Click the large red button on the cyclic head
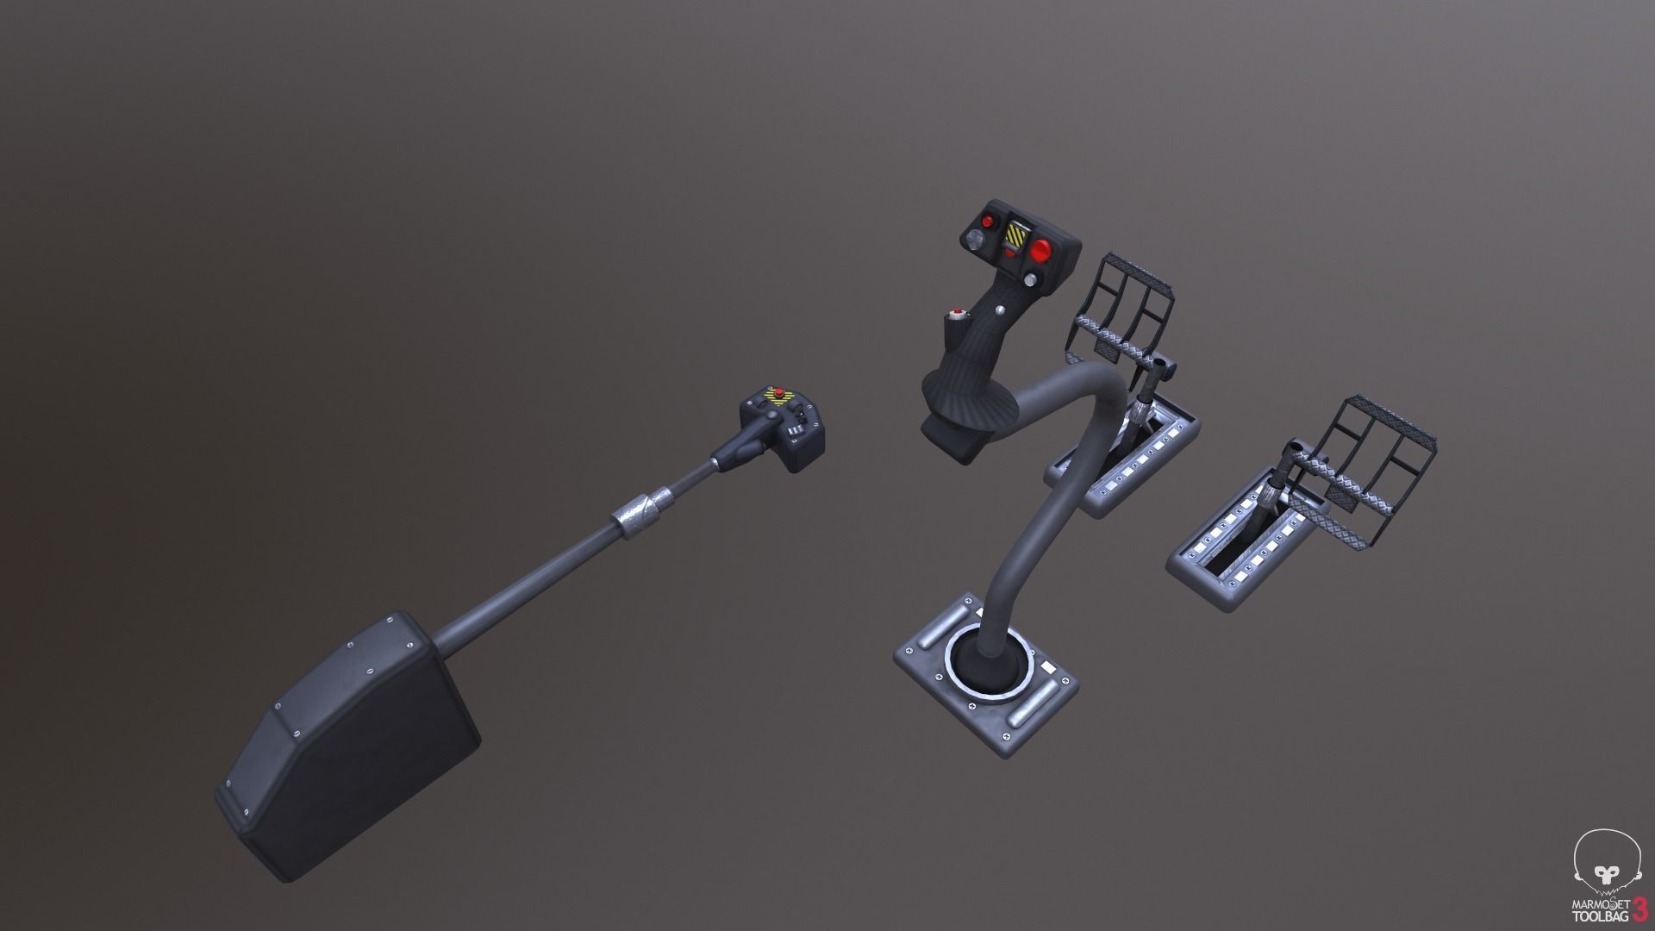tap(1041, 251)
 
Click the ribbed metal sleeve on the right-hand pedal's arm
tap(1270, 498)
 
